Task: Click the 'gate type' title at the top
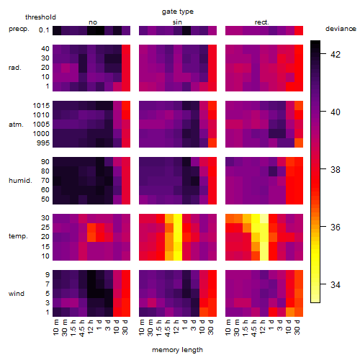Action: pyautogui.click(x=178, y=12)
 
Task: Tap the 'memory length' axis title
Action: pyautogui.click(x=177, y=350)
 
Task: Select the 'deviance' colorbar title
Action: pyautogui.click(x=341, y=29)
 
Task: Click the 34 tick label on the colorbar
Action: pyautogui.click(x=336, y=285)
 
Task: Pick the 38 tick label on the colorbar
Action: pyautogui.click(x=336, y=170)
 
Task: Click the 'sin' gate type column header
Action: pyautogui.click(x=177, y=22)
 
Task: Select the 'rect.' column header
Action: pyautogui.click(x=262, y=22)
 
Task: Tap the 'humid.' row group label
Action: pyautogui.click(x=20, y=181)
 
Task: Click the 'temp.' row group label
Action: pyautogui.click(x=18, y=236)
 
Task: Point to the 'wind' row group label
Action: pyautogui.click(x=17, y=294)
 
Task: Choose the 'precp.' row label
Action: pyautogui.click(x=19, y=29)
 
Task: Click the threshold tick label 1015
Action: pyautogui.click(x=41, y=106)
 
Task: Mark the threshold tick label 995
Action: pyautogui.click(x=43, y=143)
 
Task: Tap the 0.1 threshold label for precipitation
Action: pyautogui.click(x=44, y=30)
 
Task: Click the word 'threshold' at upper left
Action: pyautogui.click(x=40, y=17)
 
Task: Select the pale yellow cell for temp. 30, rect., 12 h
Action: pyautogui.click(x=264, y=218)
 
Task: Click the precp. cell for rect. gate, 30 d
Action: pyautogui.click(x=299, y=30)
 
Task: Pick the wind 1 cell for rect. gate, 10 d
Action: pyautogui.click(x=290, y=312)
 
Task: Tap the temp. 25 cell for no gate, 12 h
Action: pyautogui.click(x=91, y=228)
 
